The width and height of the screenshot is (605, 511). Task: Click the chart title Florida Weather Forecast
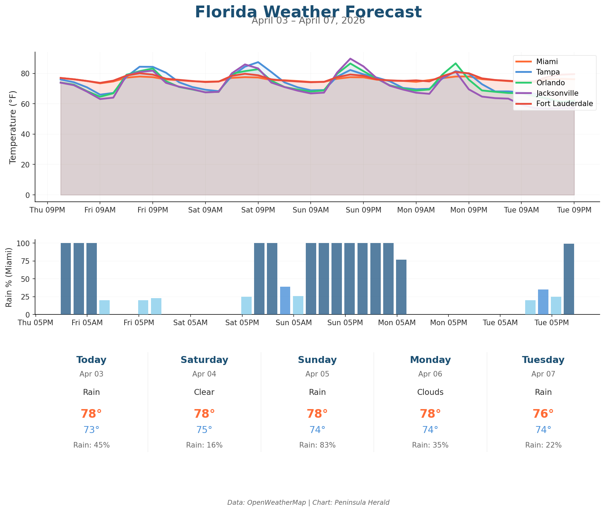pyautogui.click(x=308, y=12)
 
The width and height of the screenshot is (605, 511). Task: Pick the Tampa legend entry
pyautogui.click(x=548, y=72)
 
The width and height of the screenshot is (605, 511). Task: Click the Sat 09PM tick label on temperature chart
pyautogui.click(x=258, y=210)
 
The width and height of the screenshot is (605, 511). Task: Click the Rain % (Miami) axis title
pyautogui.click(x=9, y=277)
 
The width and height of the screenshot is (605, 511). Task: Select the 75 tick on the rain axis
pyautogui.click(x=27, y=261)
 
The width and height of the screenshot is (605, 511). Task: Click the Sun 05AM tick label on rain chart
pyautogui.click(x=294, y=323)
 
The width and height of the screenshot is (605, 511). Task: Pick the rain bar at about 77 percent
pyautogui.click(x=401, y=287)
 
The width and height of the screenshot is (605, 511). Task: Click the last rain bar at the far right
pyautogui.click(x=569, y=279)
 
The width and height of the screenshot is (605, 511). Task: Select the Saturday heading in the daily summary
pyautogui.click(x=204, y=360)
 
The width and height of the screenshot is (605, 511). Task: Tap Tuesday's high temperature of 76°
pyautogui.click(x=543, y=414)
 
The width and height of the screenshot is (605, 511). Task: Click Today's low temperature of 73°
pyautogui.click(x=91, y=430)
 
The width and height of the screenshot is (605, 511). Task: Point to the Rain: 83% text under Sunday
pyautogui.click(x=317, y=445)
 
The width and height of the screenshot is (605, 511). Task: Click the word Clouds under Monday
pyautogui.click(x=430, y=392)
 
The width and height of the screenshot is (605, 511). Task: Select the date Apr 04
pyautogui.click(x=204, y=374)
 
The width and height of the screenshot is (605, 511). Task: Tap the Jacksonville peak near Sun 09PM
pyautogui.click(x=350, y=59)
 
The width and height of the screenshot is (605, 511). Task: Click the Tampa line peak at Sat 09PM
pyautogui.click(x=258, y=62)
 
